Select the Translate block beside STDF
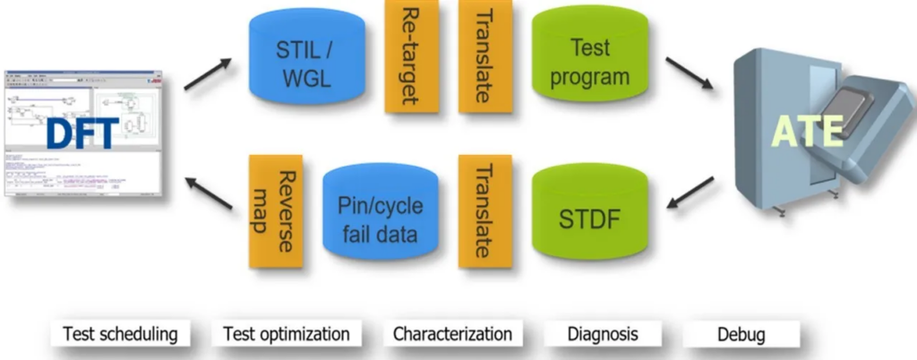[x=484, y=211]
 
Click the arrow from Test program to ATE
[x=690, y=73]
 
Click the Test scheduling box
[x=120, y=335]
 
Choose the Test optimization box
[x=286, y=335]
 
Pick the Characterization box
[x=452, y=335]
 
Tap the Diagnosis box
[x=603, y=335]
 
